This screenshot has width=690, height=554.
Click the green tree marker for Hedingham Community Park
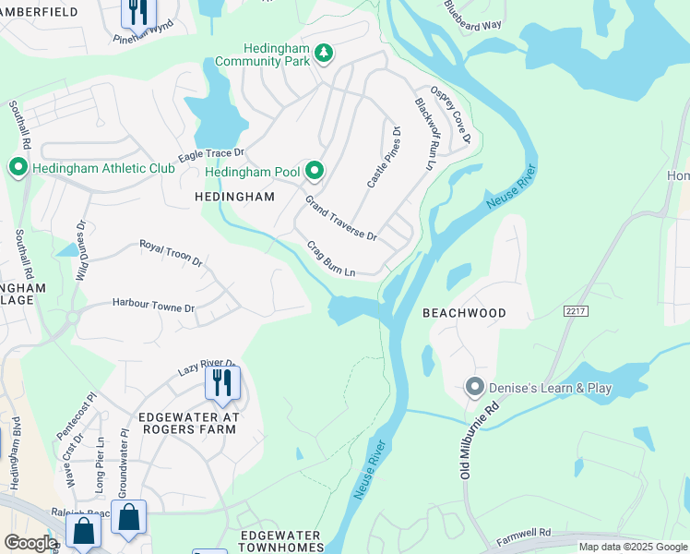click(x=323, y=54)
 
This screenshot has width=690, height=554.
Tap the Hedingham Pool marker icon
click(x=315, y=171)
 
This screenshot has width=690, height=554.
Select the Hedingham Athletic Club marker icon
click(x=18, y=167)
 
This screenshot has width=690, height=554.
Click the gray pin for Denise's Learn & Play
click(x=475, y=387)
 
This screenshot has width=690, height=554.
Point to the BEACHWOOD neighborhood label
click(x=464, y=313)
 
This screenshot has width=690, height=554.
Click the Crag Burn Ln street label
click(x=331, y=259)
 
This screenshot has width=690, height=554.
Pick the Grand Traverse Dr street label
click(x=341, y=218)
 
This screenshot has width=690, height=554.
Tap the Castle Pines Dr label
click(x=384, y=158)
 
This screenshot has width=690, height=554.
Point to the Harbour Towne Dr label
click(x=154, y=306)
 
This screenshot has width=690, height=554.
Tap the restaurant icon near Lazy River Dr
click(x=221, y=381)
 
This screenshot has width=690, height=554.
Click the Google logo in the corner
click(x=30, y=543)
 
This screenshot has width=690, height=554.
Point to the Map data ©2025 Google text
click(x=632, y=547)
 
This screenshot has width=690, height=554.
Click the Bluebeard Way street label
click(x=472, y=24)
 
